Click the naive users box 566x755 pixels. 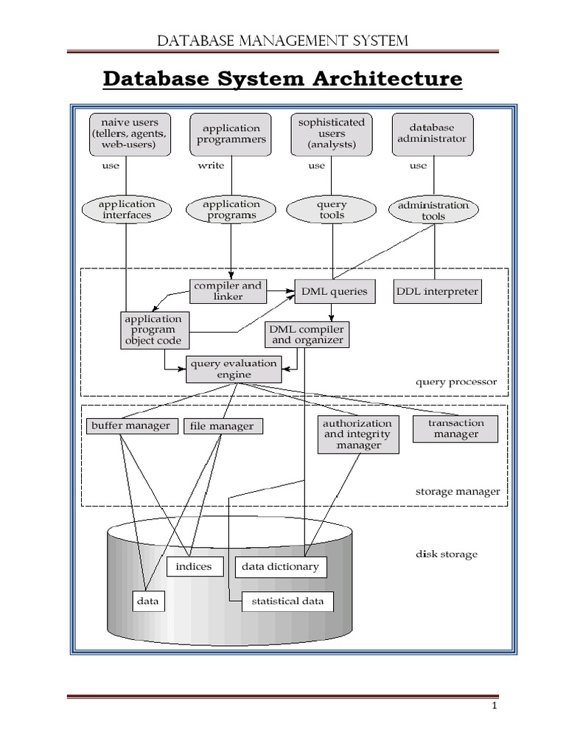[130, 133]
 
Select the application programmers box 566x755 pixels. [231, 133]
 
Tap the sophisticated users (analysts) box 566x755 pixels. [332, 133]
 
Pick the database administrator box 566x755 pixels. [432, 133]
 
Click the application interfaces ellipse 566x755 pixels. [127, 209]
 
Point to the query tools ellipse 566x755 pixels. [332, 210]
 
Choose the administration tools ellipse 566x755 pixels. [433, 211]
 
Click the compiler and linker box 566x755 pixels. [228, 290]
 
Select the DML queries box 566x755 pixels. [334, 291]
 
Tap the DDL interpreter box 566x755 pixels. [437, 291]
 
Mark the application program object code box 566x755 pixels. [153, 330]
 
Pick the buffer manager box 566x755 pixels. [131, 425]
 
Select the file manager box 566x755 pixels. [222, 426]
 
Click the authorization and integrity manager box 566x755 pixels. [358, 434]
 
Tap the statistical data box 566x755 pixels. [287, 601]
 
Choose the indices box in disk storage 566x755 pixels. [195, 566]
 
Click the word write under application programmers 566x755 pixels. [211, 166]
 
